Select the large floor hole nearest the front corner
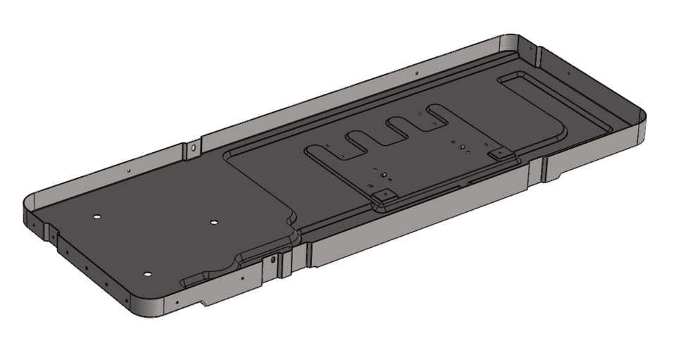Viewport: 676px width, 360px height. pyautogui.click(x=148, y=273)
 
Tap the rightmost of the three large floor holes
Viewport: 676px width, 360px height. pyautogui.click(x=214, y=223)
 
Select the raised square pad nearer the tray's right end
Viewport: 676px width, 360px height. pyautogui.click(x=499, y=152)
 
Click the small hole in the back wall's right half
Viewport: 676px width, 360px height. pyautogui.click(x=417, y=73)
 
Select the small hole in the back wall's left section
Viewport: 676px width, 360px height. pyautogui.click(x=129, y=170)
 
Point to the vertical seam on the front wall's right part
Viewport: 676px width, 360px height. pyautogui.click(x=544, y=170)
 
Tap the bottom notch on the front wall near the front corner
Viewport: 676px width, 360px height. pyautogui.click(x=204, y=304)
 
